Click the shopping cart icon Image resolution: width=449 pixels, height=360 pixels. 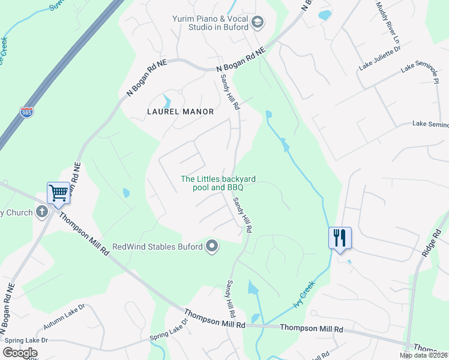tap(58, 193)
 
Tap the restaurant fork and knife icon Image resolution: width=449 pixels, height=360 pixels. tap(340, 238)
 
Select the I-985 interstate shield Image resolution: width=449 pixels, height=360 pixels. tap(27, 112)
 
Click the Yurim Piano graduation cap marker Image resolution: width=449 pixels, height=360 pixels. tap(258, 22)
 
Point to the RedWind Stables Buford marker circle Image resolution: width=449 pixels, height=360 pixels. tap(211, 246)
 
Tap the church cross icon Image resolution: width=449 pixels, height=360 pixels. tap(42, 211)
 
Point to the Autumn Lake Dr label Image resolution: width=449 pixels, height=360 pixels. tap(64, 316)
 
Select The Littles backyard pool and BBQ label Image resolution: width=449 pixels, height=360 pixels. tap(218, 183)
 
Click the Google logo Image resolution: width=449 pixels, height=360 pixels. tap(20, 353)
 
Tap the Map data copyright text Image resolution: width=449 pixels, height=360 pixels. tap(424, 355)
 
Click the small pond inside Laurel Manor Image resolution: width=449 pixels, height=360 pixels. tap(167, 100)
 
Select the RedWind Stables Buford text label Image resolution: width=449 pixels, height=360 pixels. tap(158, 247)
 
